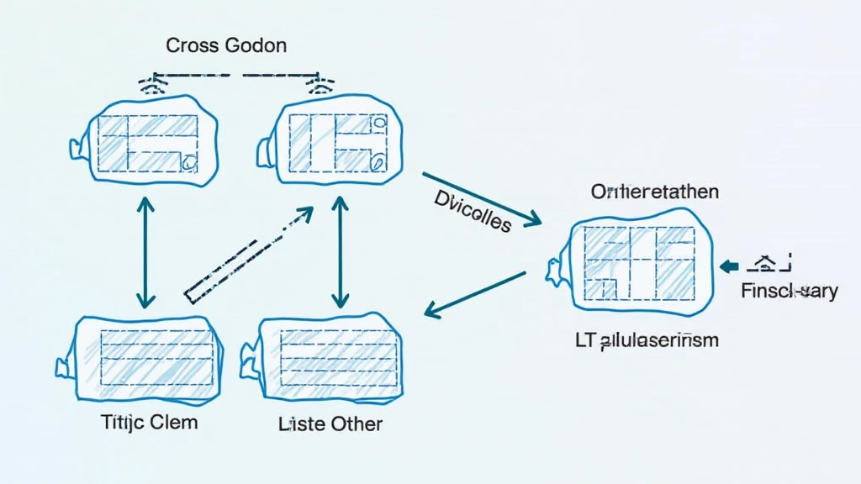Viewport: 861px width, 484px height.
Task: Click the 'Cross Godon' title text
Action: tap(226, 45)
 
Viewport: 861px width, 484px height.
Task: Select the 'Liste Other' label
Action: tap(330, 423)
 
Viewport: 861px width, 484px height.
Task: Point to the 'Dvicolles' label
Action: tap(473, 210)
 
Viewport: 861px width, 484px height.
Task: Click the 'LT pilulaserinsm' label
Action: tap(647, 340)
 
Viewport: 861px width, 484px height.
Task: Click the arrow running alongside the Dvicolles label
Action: tap(481, 199)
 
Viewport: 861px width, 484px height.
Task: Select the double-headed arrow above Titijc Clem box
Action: tap(146, 251)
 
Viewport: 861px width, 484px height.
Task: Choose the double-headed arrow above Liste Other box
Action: tap(340, 251)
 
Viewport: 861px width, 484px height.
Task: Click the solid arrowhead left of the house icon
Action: tap(730, 266)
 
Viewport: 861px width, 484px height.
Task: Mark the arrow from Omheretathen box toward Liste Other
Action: tap(475, 294)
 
